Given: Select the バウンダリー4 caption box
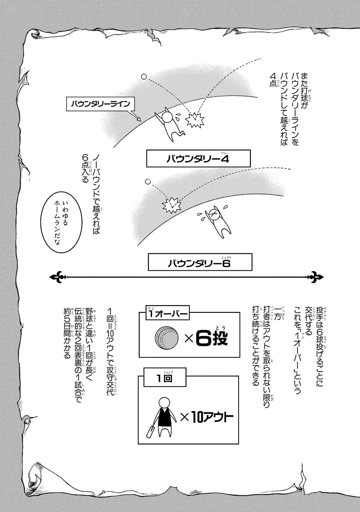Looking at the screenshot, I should pyautogui.click(x=198, y=159).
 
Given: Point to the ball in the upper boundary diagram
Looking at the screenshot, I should pyautogui.click(x=144, y=76).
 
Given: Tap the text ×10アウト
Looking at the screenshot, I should pyautogui.click(x=206, y=418).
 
